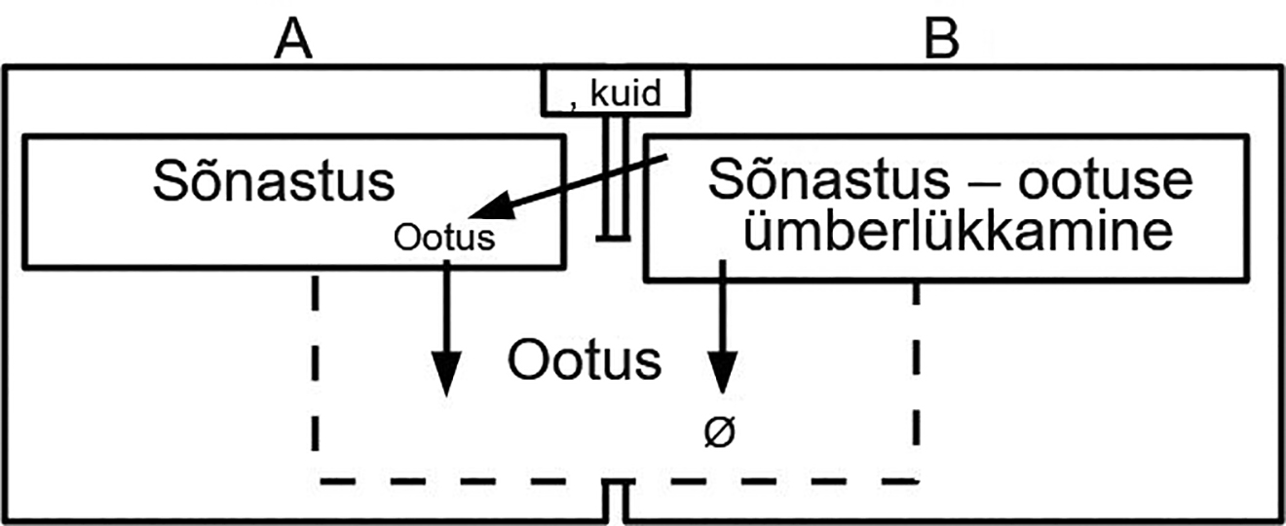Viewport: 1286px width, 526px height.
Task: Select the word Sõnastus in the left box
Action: (x=274, y=181)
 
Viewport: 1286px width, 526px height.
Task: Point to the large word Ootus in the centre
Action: (x=585, y=361)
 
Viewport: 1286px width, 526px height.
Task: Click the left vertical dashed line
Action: (x=315, y=380)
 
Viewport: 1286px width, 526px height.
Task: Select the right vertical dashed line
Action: (x=916, y=380)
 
